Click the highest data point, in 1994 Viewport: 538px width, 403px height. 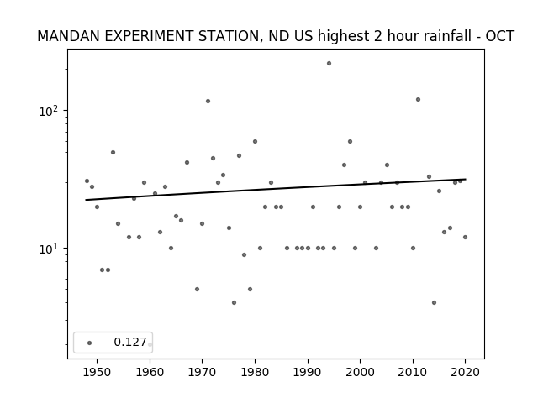point(329,64)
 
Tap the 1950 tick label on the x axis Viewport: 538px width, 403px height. point(98,372)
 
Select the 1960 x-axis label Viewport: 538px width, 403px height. point(150,372)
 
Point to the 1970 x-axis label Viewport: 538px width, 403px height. point(202,372)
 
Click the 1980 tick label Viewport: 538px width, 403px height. point(255,372)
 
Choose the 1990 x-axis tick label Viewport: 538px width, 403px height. point(308,372)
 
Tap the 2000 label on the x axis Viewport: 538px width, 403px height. point(361,372)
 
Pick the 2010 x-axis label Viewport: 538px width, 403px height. point(413,372)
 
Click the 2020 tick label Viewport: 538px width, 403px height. point(465,372)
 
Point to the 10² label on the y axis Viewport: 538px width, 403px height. point(50,111)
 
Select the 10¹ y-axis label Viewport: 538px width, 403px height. point(50,249)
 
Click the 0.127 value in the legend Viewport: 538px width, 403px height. point(130,342)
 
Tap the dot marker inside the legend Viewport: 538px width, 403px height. point(90,343)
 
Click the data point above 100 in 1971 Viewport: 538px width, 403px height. point(208,101)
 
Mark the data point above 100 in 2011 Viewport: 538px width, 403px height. point(418,99)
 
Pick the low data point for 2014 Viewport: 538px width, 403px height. point(434,302)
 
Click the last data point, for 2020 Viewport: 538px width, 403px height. point(465,237)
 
